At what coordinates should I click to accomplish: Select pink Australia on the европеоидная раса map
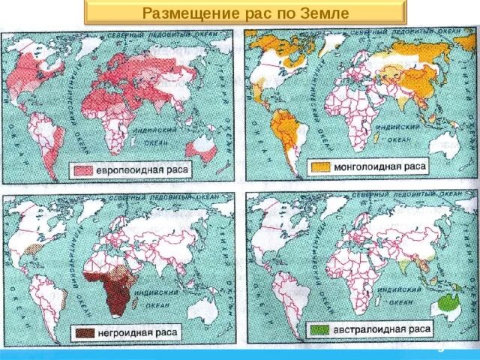click(202, 145)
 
